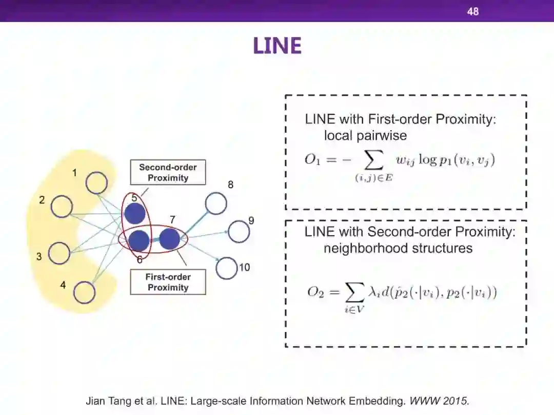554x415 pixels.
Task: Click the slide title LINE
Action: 277,46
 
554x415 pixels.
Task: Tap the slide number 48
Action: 472,11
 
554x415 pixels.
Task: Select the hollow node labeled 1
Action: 96,182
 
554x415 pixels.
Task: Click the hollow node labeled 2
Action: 63,206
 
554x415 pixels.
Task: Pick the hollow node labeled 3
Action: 60,253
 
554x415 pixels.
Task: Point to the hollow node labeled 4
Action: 84,293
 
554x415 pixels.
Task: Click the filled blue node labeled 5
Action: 135,214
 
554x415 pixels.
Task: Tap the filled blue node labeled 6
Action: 138,240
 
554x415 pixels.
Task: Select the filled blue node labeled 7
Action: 169,239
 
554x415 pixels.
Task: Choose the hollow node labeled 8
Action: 216,203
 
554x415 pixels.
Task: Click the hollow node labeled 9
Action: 239,232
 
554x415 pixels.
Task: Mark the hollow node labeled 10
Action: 226,268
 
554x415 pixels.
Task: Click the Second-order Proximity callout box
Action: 168,173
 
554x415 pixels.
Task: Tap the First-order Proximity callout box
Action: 168,282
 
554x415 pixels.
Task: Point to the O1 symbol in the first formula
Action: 313,159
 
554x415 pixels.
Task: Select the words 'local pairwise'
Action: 365,136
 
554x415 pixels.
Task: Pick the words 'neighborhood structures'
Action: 398,248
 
